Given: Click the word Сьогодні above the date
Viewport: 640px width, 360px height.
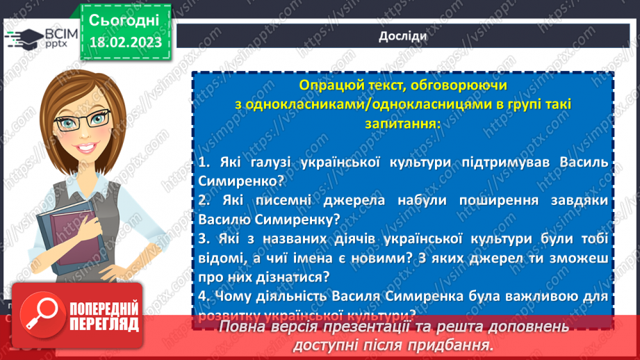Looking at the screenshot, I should (124, 19).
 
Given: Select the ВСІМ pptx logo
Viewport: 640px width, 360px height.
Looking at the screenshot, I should (40, 38).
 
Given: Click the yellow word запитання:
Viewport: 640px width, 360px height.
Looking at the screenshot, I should (402, 123).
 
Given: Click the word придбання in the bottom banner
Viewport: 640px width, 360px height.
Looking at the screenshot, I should (459, 345).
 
